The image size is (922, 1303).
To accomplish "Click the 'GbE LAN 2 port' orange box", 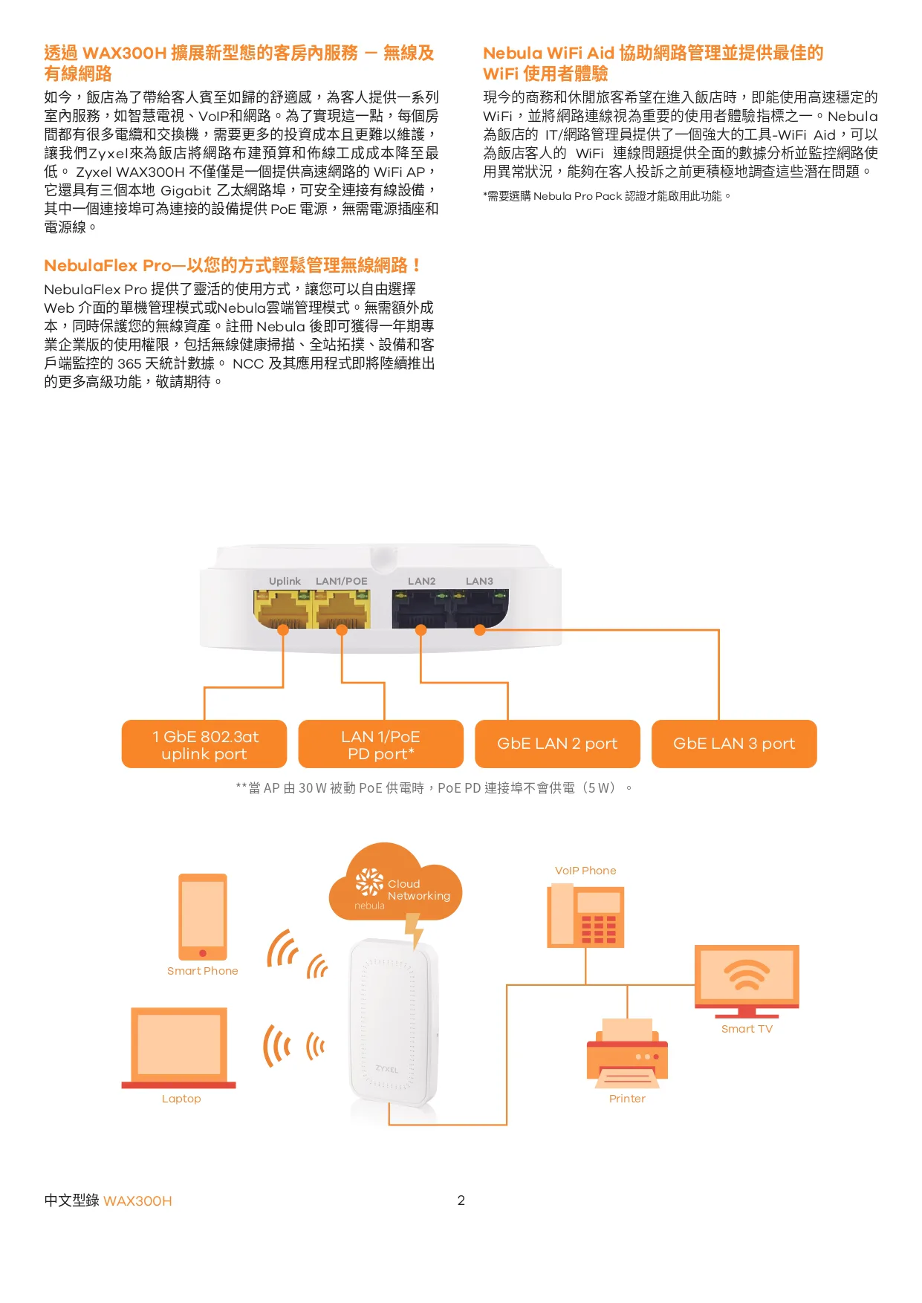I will pyautogui.click(x=557, y=744).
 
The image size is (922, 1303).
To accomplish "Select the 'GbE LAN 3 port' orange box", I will pyautogui.click(x=734, y=744).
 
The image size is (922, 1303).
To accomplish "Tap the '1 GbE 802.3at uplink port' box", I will pyautogui.click(x=204, y=744).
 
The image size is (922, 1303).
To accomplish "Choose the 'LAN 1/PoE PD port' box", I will pyautogui.click(x=380, y=744).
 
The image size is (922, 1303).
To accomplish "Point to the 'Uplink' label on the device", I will pyautogui.click(x=285, y=581).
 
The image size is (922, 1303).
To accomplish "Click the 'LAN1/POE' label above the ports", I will pyautogui.click(x=341, y=581).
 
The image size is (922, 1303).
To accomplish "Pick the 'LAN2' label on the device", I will pyautogui.click(x=421, y=581).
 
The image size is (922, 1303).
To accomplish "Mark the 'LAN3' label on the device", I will pyautogui.click(x=479, y=581).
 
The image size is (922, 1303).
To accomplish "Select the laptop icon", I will pyautogui.click(x=179, y=1047).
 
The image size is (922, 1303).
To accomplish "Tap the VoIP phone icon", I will pyautogui.click(x=585, y=915).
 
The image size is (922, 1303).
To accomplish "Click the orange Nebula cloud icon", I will pyautogui.click(x=395, y=884).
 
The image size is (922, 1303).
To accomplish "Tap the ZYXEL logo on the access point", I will pyautogui.click(x=386, y=1069).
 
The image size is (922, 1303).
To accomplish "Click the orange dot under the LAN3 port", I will pyautogui.click(x=480, y=630).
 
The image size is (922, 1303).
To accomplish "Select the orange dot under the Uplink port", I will pyautogui.click(x=283, y=630).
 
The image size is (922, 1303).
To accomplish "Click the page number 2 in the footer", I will pyautogui.click(x=461, y=1200).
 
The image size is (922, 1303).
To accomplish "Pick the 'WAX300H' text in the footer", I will pyautogui.click(x=137, y=1201).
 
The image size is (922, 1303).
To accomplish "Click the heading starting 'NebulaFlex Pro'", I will pyautogui.click(x=233, y=265).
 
